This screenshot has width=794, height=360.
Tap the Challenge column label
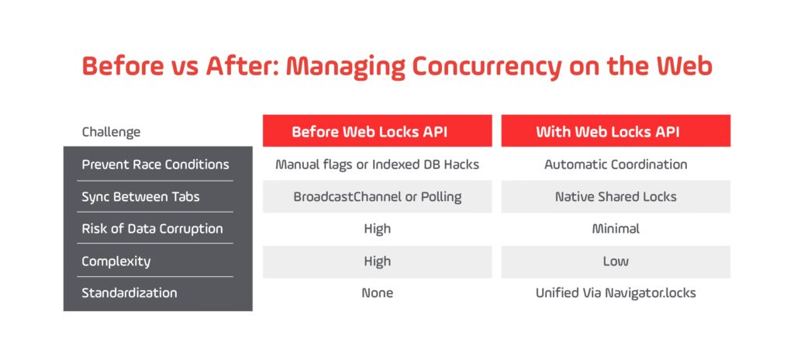coord(111,133)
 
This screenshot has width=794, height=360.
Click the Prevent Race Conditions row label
coord(155,164)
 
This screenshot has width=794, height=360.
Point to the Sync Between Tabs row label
coord(141,196)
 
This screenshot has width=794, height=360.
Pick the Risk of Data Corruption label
coord(153,229)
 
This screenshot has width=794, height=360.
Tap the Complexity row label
coord(116,261)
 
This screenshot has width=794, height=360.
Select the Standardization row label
coord(129,293)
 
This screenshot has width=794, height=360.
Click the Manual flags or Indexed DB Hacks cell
coord(378,164)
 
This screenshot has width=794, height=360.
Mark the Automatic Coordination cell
coord(616,164)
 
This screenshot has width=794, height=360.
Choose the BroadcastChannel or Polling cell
coord(378,196)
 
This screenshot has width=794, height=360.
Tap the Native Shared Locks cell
coord(616,196)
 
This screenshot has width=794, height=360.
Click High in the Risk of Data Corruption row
coord(378,229)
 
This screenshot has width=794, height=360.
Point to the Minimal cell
coord(616,229)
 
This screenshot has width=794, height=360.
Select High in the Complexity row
coord(378,261)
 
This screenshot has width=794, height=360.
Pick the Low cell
coord(616,261)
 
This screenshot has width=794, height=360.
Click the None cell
coord(378,293)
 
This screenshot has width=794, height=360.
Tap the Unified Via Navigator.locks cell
coord(616,293)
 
